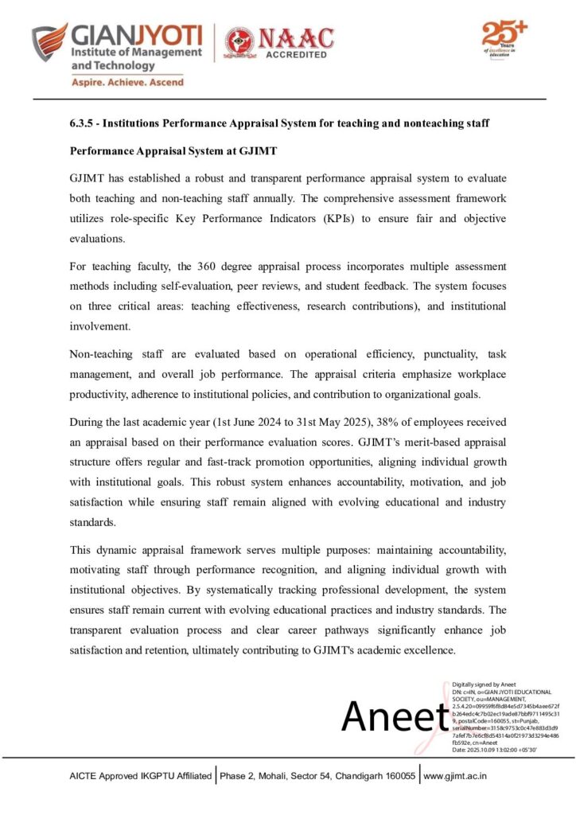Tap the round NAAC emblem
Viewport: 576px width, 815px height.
click(239, 41)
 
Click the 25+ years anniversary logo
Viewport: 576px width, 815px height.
click(504, 39)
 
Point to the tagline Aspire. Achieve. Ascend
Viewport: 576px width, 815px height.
click(128, 82)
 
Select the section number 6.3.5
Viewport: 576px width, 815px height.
click(82, 124)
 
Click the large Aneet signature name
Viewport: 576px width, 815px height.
click(391, 717)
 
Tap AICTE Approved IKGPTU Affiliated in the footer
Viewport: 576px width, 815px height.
click(141, 775)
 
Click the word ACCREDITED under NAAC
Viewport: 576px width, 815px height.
click(296, 55)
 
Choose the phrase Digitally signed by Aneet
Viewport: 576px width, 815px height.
click(484, 684)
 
